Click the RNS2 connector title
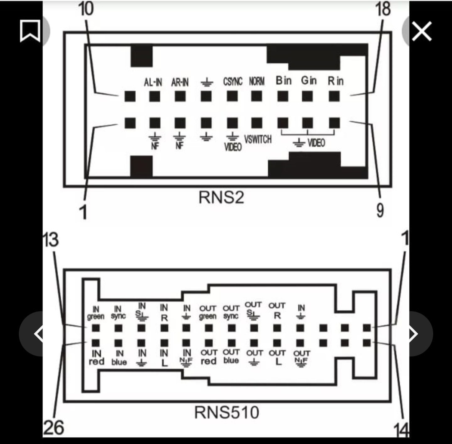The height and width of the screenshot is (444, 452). point(221,197)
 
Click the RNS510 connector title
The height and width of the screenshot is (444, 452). point(226,412)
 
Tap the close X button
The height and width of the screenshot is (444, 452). point(421,31)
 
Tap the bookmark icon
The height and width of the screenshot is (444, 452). point(30,31)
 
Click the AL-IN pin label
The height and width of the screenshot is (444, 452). point(153,82)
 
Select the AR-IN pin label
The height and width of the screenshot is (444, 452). point(180,82)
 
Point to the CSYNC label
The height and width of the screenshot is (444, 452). point(233,81)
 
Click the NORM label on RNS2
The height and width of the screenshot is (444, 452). point(257,81)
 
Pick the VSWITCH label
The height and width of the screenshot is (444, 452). point(258,140)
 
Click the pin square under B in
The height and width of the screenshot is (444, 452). point(283,96)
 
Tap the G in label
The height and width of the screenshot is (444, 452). point(309,80)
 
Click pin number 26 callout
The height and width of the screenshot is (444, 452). point(54,428)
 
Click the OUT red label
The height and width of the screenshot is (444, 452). point(208,357)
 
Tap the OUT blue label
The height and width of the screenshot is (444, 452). point(231,356)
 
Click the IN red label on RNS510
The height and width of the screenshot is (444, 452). point(96,358)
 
